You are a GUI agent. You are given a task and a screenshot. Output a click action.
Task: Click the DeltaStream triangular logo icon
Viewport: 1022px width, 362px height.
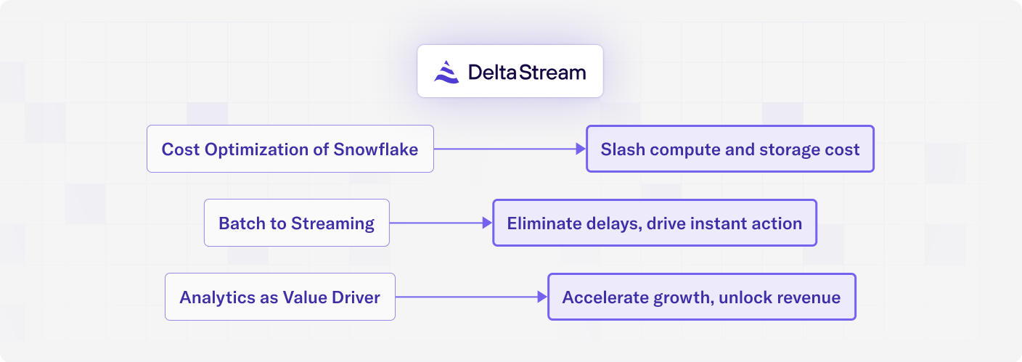pos(446,72)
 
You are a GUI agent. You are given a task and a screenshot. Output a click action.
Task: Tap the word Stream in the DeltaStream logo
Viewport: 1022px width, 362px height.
pos(552,72)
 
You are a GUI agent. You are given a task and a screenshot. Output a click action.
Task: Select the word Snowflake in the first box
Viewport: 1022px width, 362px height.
pos(375,149)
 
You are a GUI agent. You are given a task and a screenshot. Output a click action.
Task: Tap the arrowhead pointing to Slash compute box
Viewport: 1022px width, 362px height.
pos(581,149)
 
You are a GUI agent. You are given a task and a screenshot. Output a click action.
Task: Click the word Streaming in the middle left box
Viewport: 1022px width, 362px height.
pos(332,224)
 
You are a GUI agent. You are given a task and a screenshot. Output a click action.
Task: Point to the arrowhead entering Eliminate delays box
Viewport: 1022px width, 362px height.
pos(487,223)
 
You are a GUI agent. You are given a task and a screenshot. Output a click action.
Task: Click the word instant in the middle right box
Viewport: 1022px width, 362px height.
pos(718,223)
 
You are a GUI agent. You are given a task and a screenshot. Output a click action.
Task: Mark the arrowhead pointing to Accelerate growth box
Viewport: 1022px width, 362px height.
pos(542,297)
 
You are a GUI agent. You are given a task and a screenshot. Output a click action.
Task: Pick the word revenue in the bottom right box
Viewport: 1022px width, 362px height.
pos(809,298)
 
